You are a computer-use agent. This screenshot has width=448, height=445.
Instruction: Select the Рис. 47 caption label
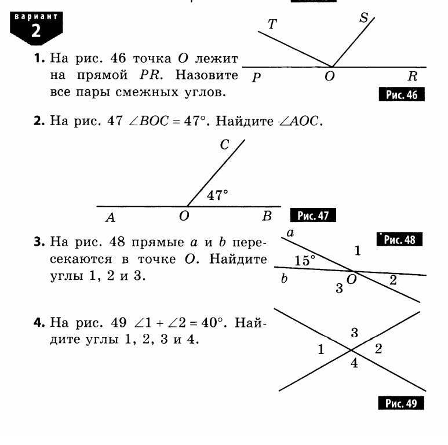(x=313, y=216)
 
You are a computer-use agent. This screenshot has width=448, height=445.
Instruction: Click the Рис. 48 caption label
(x=399, y=239)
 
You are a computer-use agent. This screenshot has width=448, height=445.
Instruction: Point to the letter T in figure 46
(x=272, y=24)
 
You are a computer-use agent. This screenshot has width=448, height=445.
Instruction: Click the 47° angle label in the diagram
(x=217, y=195)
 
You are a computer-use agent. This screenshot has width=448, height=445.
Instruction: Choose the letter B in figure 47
(x=267, y=217)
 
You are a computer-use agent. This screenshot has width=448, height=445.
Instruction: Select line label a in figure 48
(x=290, y=234)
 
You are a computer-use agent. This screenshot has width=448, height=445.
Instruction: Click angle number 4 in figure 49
(x=354, y=364)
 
